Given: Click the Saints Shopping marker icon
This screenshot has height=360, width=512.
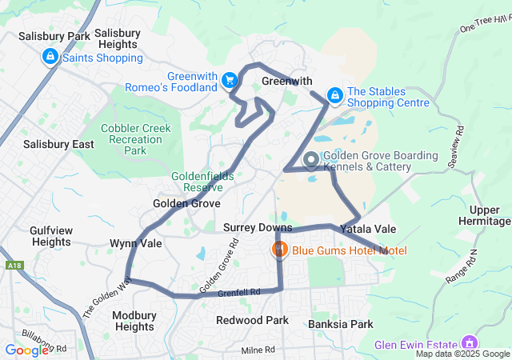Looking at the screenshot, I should point(50,57).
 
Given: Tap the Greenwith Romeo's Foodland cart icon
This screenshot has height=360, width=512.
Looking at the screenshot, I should point(230,80).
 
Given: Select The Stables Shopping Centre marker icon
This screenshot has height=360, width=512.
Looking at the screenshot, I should point(334,96).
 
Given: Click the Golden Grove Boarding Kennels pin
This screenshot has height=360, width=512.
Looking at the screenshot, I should point(311,161).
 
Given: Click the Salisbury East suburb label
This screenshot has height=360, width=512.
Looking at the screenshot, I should point(58,144).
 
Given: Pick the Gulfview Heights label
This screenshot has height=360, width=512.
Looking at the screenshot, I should point(51,236).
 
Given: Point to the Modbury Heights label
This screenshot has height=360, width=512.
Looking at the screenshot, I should point(134,321).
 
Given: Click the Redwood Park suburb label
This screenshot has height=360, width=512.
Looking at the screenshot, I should point(252,320).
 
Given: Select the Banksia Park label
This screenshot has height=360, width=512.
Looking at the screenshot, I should point(340,325).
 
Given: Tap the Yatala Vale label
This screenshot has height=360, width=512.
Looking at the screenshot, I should point(368,229).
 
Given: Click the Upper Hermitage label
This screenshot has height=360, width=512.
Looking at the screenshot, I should point(485,214).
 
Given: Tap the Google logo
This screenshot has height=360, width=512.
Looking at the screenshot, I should point(26,350).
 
